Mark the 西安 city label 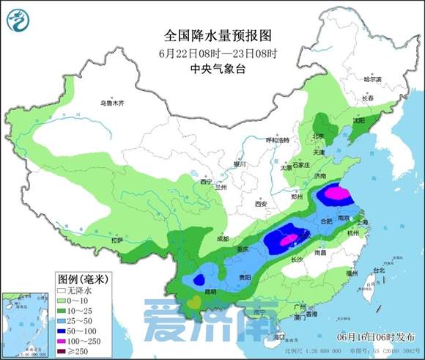coord(261,203)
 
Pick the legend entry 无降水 coord(78,290)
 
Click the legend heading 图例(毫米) coord(84,279)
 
